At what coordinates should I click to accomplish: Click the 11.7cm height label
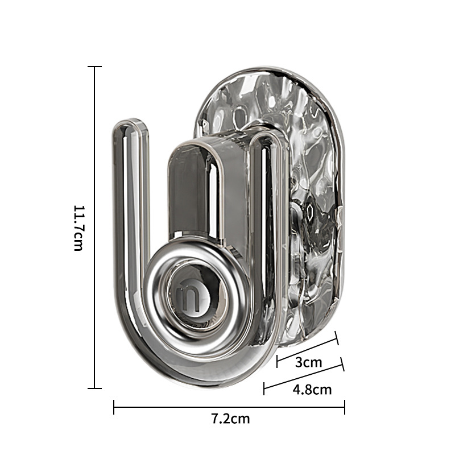click(x=78, y=228)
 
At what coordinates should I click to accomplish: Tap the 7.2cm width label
click(x=231, y=419)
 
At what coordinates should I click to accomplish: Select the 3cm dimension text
click(x=308, y=362)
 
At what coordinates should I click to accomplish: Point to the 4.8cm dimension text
click(x=312, y=390)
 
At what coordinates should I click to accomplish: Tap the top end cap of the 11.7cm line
click(x=94, y=67)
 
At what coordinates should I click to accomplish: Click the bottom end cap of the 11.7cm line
click(x=94, y=388)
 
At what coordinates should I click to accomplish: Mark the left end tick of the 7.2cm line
click(x=114, y=407)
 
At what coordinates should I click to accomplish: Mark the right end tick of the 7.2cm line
click(x=345, y=407)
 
